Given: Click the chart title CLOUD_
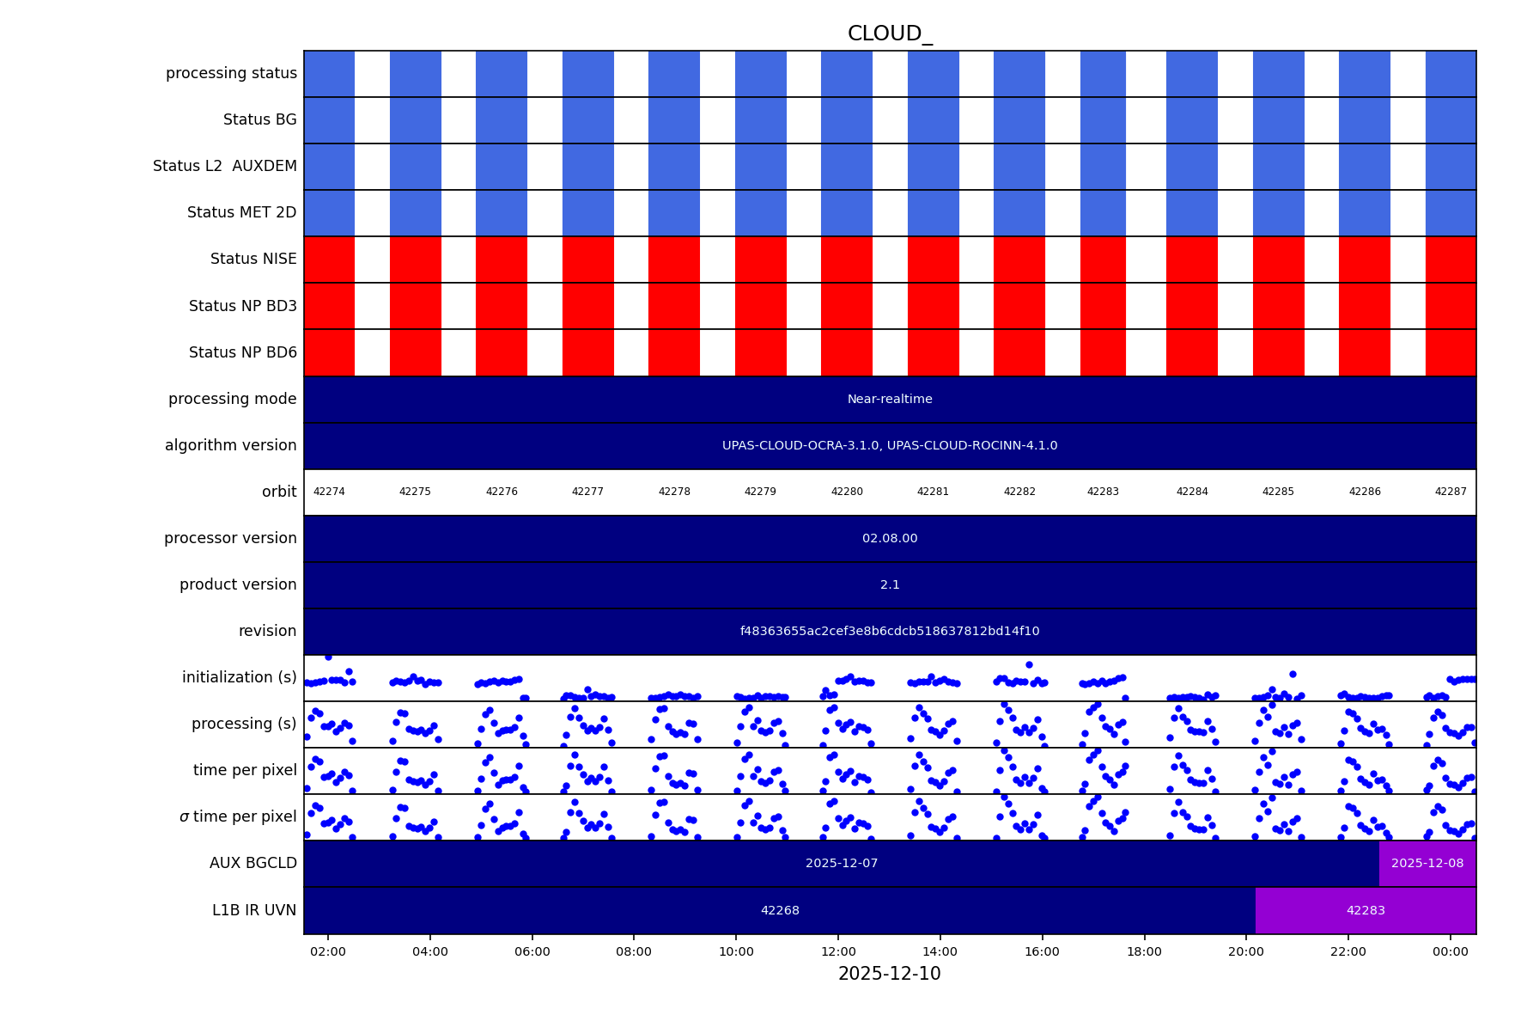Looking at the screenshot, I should point(889,34).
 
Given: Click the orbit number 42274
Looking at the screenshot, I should point(329,492).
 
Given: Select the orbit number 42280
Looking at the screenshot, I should point(847,492).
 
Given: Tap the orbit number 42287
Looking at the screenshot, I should point(1451,492).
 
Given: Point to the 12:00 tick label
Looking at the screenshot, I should point(838,952).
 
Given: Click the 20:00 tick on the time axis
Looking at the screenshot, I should point(1246,952).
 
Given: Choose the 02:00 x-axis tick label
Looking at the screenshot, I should point(328,952).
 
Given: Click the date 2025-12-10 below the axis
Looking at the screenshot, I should point(889,975).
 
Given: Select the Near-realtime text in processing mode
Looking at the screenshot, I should point(890,400).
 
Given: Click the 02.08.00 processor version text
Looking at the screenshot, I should point(890,539).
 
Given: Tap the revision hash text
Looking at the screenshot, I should point(890,632).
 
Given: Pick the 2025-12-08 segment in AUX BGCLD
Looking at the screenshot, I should point(1427,864).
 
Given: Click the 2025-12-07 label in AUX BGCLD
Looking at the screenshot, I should point(842,864).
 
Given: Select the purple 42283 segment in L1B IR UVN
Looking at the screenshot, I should point(1366,911).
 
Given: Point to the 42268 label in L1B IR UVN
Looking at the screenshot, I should point(780,911).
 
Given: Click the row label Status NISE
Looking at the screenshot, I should point(253,260).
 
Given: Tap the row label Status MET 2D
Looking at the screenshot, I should point(241,213).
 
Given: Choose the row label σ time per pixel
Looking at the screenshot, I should point(238,817).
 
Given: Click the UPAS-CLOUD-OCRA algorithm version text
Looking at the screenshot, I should point(890,446).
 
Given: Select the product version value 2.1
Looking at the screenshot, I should point(890,585).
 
